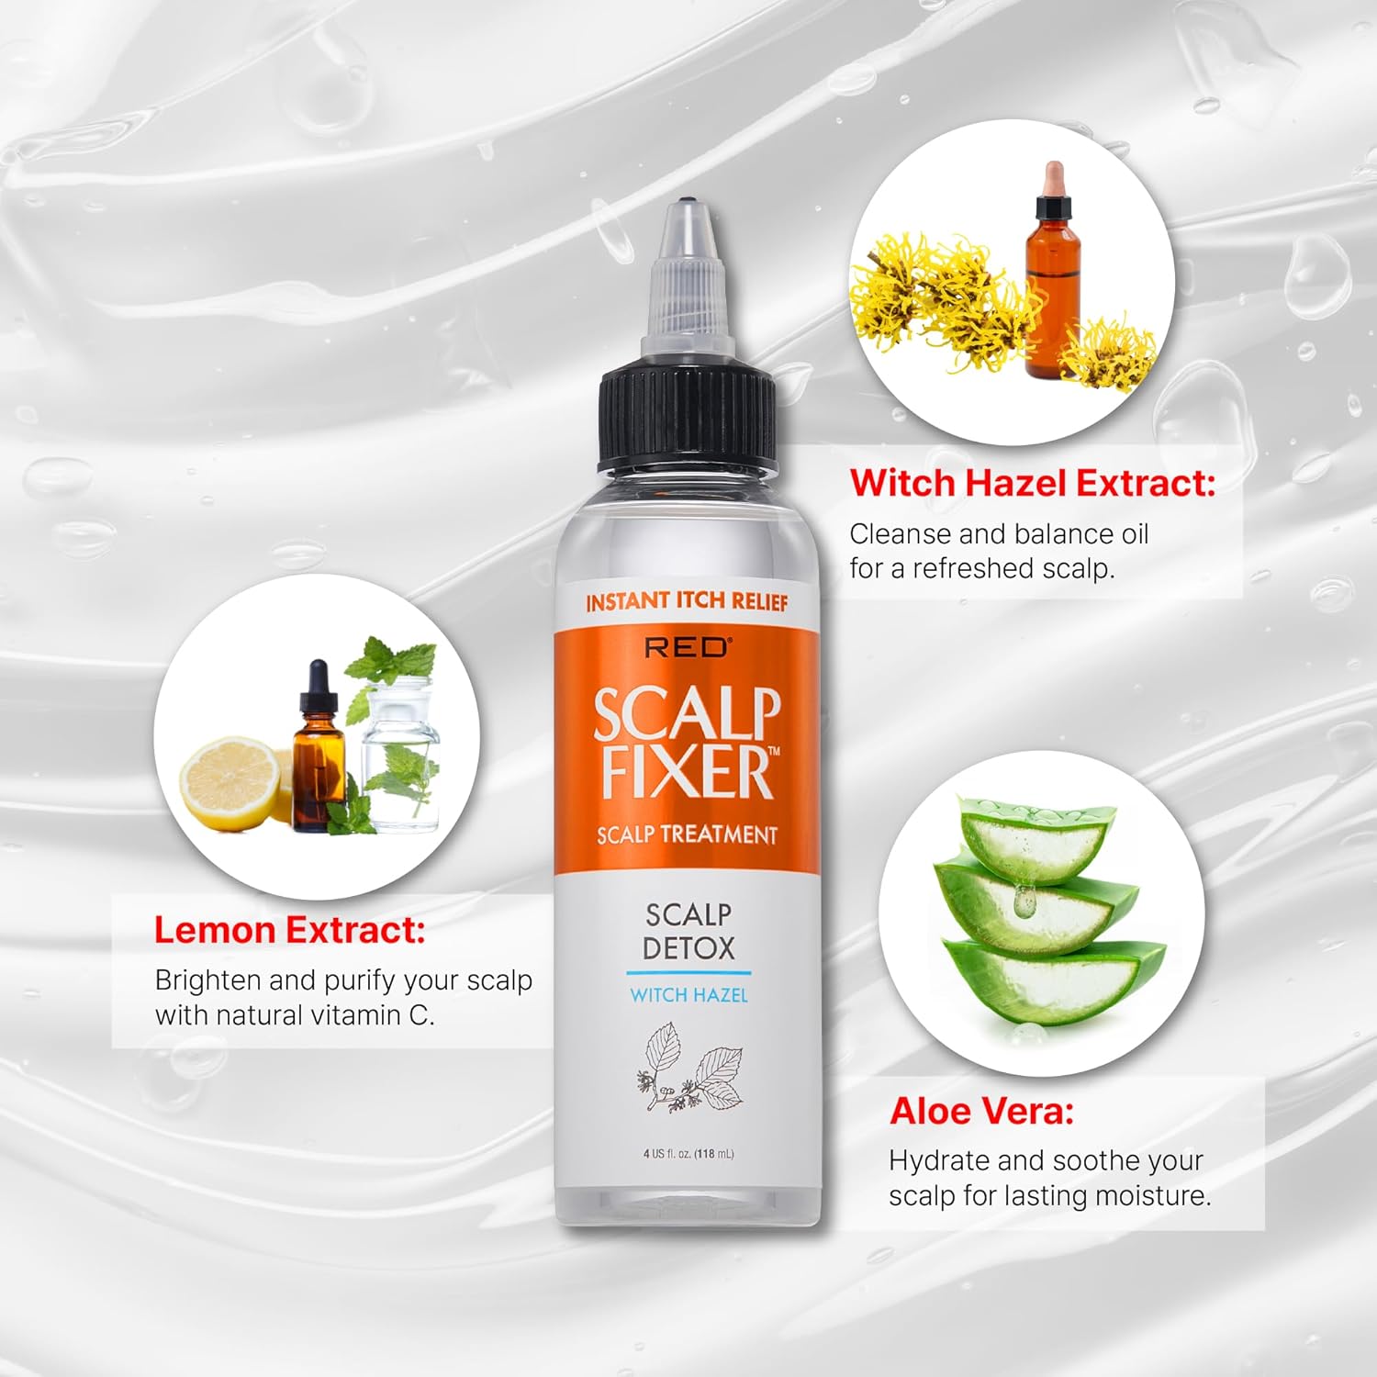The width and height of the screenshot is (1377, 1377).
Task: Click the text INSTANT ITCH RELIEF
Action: tap(687, 602)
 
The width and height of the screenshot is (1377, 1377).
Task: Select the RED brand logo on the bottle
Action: tap(687, 647)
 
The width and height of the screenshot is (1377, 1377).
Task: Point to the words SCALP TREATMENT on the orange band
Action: tap(687, 834)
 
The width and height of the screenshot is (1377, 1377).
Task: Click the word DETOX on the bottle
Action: tap(688, 947)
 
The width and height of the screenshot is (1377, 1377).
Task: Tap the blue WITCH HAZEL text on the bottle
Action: tap(688, 995)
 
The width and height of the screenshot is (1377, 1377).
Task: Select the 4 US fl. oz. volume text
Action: tap(688, 1154)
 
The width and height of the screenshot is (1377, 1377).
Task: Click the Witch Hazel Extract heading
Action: tap(1032, 483)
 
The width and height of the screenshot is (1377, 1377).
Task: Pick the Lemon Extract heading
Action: tap(290, 930)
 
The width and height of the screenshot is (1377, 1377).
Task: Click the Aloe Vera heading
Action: tap(981, 1112)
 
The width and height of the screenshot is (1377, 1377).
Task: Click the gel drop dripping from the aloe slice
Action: tap(1024, 901)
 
